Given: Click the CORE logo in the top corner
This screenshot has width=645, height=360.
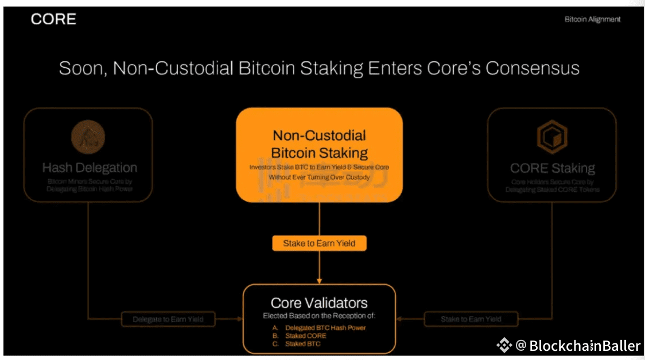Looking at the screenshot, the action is point(53,20).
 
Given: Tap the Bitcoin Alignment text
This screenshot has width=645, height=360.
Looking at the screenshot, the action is point(592,20).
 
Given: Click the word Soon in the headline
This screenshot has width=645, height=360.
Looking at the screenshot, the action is point(83,68).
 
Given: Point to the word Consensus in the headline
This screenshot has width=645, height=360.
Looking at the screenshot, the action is point(532,68).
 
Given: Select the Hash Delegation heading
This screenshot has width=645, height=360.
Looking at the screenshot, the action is point(90,168).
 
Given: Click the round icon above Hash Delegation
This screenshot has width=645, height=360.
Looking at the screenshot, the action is point(88,136).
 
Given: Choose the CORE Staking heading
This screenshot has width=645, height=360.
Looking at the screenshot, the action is point(552,168).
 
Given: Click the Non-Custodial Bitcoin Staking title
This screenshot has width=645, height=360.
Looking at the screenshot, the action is point(319,144).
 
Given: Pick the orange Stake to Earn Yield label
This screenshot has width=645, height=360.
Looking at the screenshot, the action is point(319,243).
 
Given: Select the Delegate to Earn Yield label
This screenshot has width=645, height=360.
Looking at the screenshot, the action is point(168,319).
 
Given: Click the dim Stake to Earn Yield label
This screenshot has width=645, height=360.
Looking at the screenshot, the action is point(471,319).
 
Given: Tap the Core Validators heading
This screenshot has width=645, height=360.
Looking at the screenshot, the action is point(319,303).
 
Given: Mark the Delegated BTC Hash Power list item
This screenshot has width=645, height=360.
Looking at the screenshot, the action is point(325,328).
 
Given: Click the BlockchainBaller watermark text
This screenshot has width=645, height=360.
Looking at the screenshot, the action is point(584,346).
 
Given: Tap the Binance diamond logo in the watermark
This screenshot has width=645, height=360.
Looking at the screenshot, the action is point(504,346).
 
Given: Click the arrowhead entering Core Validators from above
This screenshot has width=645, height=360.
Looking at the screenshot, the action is point(319,280).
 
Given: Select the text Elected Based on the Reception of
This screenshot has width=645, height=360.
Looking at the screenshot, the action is point(319,316).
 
